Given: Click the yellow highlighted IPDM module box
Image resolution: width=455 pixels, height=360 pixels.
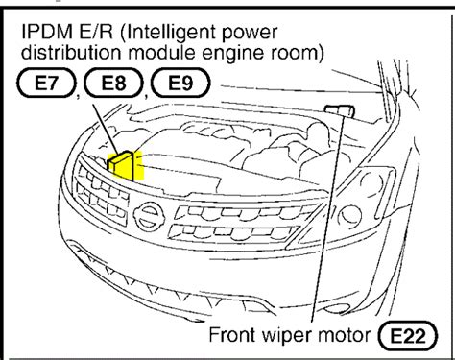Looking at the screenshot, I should [125, 165].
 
